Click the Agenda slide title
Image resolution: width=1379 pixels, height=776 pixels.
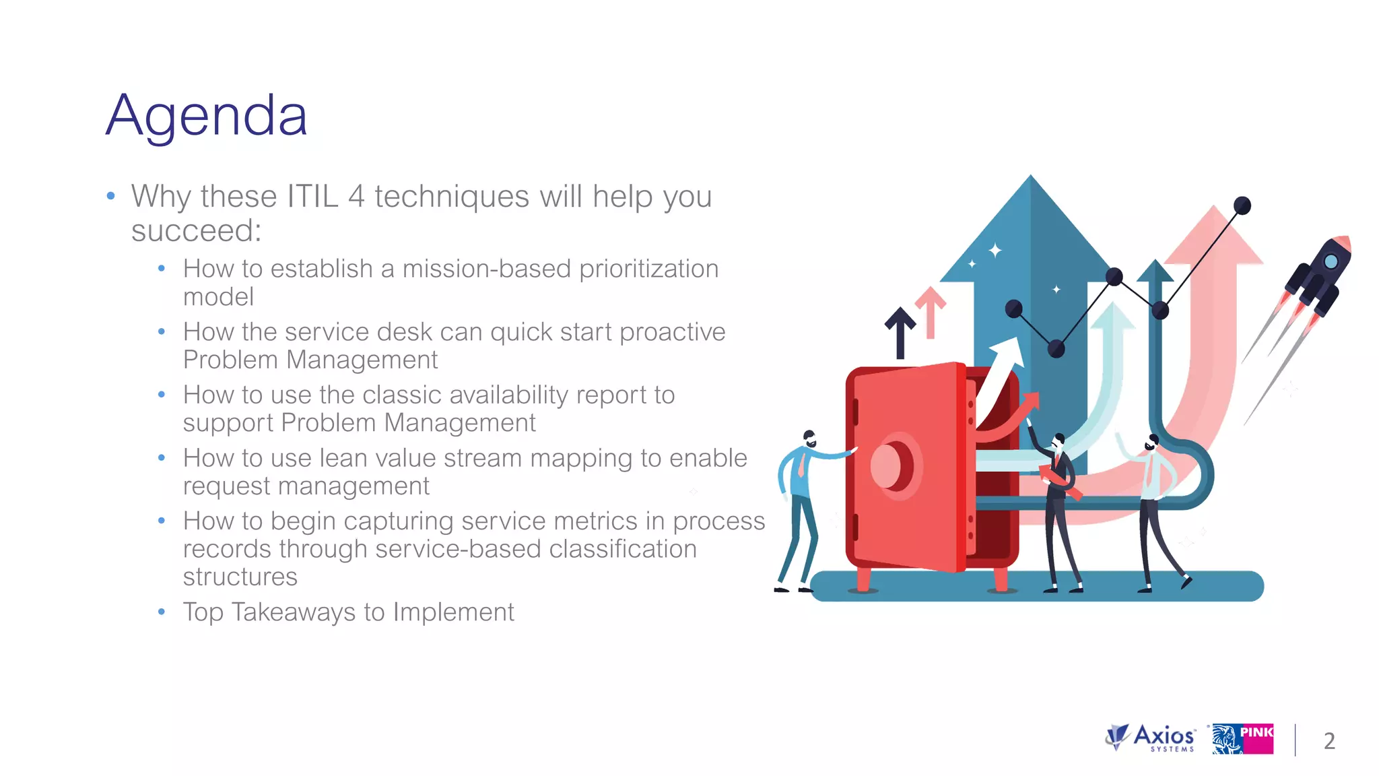tap(207, 116)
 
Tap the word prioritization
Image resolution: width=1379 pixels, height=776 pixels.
tap(648, 269)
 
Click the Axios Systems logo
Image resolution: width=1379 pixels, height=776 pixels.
tap(1151, 738)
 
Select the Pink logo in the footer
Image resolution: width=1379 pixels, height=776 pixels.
tap(1242, 739)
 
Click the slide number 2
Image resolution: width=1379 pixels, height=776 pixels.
tap(1329, 741)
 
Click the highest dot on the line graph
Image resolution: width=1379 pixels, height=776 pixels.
tap(1242, 205)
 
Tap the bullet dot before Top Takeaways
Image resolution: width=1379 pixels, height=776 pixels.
tap(162, 612)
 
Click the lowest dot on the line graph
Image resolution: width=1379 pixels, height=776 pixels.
tap(1056, 348)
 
